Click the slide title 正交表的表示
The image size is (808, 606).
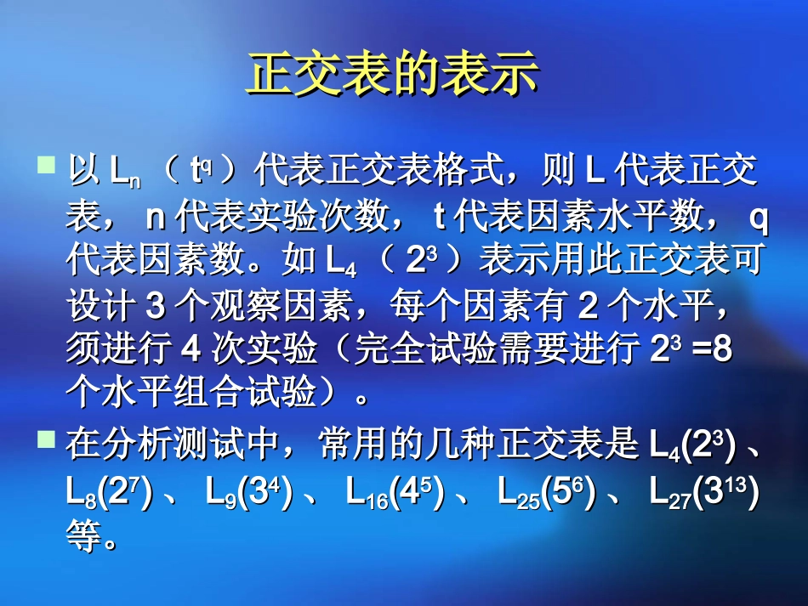point(393,75)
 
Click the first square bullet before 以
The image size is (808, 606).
point(48,162)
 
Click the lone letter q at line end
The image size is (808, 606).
point(760,218)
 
